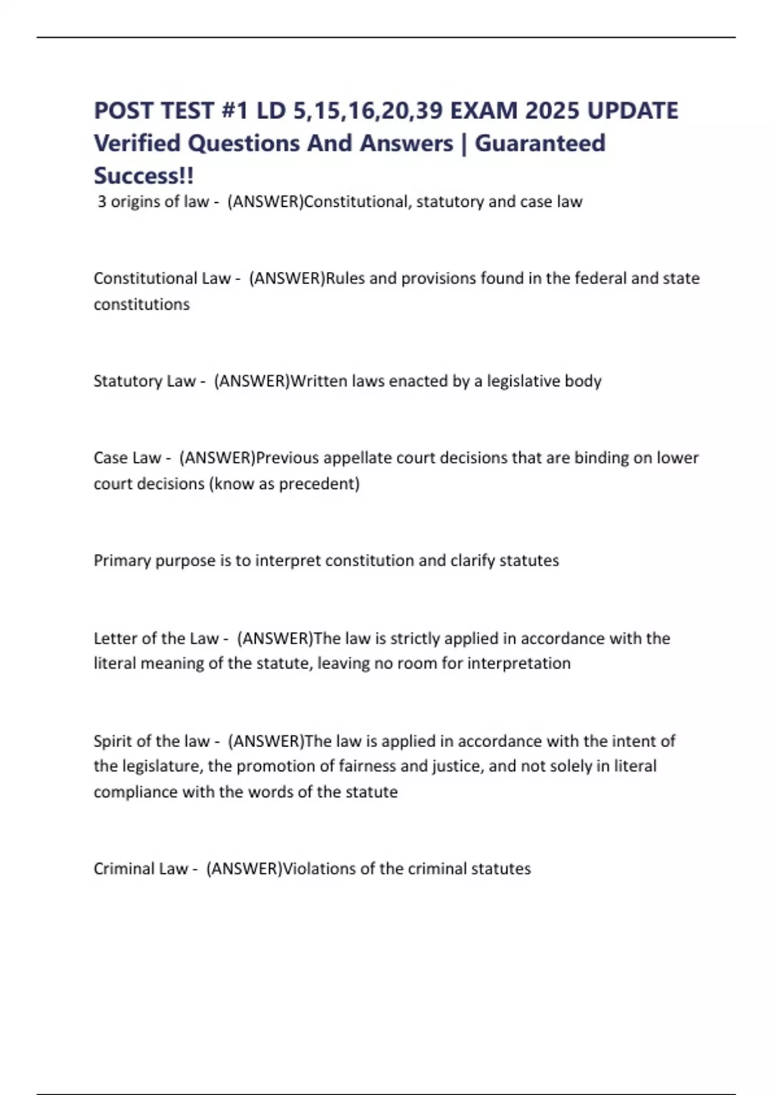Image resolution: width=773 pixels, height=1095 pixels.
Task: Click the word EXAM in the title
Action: pos(483,111)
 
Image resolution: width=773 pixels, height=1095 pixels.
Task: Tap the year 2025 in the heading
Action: pos(552,111)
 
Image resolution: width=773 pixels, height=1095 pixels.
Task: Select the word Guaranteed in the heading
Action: pos(540,143)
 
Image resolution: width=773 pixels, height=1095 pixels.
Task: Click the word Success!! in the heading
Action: pos(144,175)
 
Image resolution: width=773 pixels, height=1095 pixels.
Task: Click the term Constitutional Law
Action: pos(162,278)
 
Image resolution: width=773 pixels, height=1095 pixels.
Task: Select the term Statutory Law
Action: pos(144,381)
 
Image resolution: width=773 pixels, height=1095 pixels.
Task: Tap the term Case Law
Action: pos(127,458)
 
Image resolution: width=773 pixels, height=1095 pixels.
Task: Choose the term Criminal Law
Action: pos(140,869)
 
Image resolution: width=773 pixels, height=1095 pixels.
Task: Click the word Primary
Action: pos(122,560)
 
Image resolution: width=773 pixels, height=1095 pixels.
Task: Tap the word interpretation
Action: pos(519,663)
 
